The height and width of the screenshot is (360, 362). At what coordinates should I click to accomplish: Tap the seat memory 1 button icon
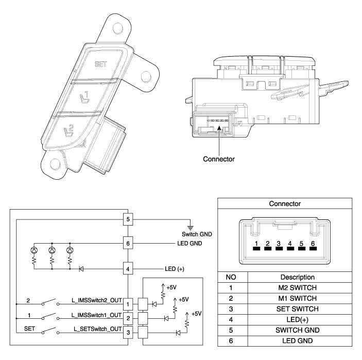click(84, 97)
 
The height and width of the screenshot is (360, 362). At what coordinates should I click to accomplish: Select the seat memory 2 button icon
click(68, 131)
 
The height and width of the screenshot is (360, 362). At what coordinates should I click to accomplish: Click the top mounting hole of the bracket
click(118, 28)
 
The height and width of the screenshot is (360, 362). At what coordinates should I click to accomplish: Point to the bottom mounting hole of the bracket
click(55, 164)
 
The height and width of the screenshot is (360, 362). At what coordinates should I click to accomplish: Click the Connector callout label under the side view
click(219, 159)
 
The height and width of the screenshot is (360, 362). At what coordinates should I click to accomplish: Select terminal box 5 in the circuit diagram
click(128, 219)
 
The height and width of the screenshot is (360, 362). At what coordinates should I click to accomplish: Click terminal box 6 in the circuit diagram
click(128, 244)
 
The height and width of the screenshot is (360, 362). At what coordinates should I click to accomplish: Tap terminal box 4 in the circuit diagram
click(128, 269)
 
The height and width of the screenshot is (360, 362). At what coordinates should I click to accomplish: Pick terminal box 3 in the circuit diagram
click(128, 333)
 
